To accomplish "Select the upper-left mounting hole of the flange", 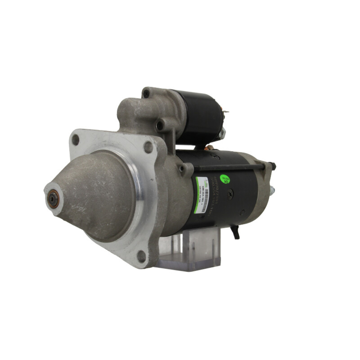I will point(75,140).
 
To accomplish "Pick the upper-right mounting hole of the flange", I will point(148,147).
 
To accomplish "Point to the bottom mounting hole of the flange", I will point(141,256).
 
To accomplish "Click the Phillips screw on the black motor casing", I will point(231,193).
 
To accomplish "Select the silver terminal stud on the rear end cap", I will point(272,190).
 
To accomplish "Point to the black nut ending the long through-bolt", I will point(273,166).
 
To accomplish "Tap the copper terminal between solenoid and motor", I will point(208,147).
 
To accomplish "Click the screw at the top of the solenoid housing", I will point(146,94).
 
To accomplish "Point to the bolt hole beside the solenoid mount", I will point(159,126).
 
